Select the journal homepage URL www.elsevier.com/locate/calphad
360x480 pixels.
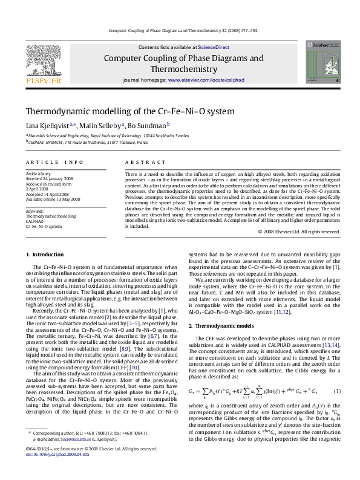206,80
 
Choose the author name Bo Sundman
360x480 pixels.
146,126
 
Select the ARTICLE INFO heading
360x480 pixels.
54,163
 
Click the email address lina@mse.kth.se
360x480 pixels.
71,456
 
